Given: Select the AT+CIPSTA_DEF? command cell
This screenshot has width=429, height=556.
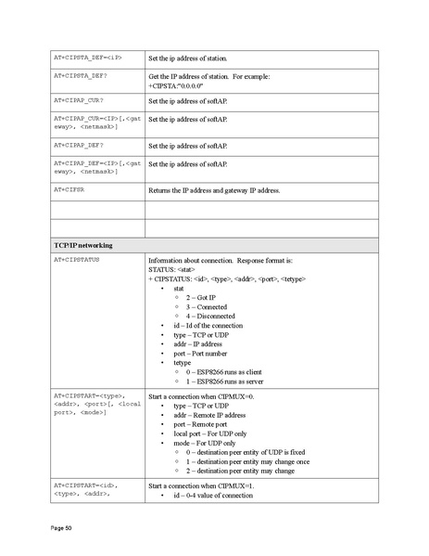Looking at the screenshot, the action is coord(84,76).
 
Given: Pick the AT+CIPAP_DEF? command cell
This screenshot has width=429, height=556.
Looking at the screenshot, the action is coord(82,145).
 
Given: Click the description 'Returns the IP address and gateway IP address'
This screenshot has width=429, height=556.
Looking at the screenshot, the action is coord(214,190).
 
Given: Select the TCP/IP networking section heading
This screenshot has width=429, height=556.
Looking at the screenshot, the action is coord(83,244).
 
